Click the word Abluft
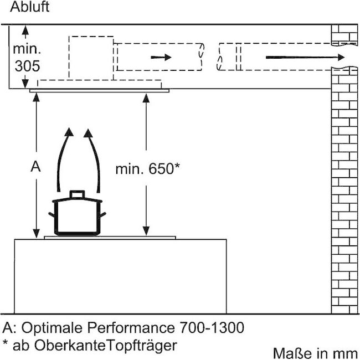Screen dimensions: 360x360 (29, 7)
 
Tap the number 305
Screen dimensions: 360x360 (27, 66)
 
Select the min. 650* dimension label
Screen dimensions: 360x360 (148, 169)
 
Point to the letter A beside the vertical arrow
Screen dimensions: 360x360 (35, 167)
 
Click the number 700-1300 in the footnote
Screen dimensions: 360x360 (212, 327)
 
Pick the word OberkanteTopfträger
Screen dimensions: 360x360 (106, 345)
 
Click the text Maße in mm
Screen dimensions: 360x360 (316, 353)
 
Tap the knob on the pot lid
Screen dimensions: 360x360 (77, 194)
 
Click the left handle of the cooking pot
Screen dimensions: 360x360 (52, 215)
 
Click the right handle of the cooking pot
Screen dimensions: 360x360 (103, 215)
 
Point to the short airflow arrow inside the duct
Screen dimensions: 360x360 (161, 57)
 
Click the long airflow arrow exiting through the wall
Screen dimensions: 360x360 (305, 57)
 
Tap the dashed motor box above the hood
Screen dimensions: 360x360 (91, 58)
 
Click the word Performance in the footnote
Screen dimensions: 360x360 (131, 327)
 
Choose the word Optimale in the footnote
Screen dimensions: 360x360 (52, 327)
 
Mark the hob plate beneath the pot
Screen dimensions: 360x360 (110, 238)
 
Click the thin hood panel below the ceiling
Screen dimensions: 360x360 (99, 91)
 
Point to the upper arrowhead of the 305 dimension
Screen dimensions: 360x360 (25, 30)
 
